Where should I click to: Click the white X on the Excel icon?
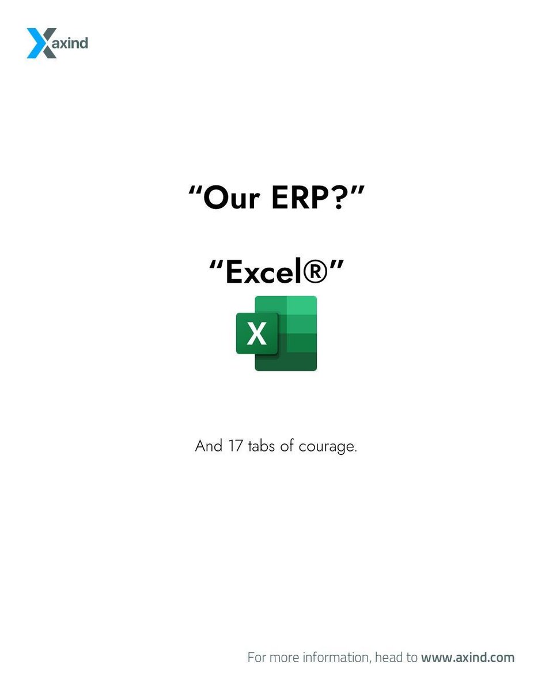[257, 333]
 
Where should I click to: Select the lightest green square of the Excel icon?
[301, 305]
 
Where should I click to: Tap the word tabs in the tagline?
[262, 446]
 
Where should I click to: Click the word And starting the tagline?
[208, 446]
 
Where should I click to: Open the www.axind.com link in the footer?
[468, 657]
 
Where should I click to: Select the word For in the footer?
[256, 657]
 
